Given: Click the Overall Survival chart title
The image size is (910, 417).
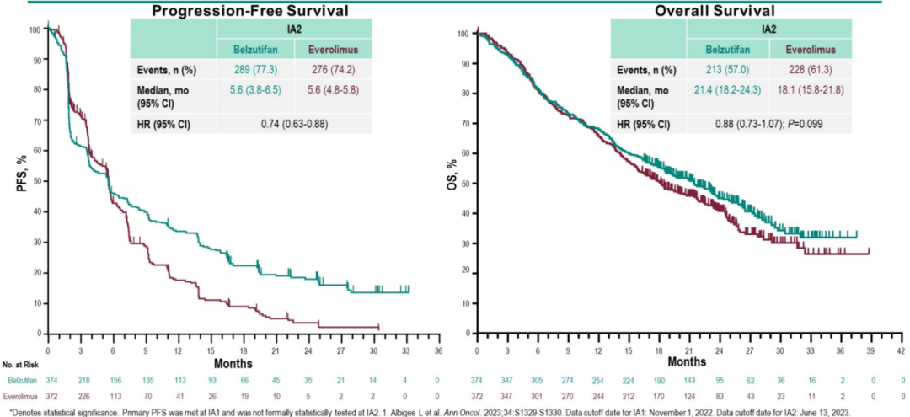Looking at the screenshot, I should click(x=715, y=10).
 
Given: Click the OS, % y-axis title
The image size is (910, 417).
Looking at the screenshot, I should click(x=452, y=180).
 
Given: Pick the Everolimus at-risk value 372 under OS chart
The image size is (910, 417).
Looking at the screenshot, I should click(x=477, y=394).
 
